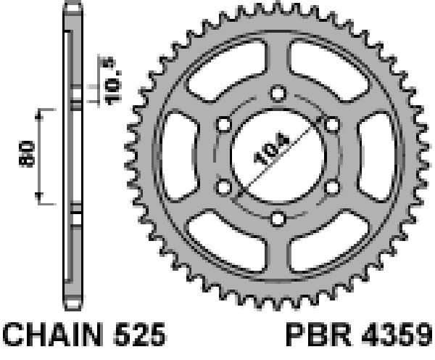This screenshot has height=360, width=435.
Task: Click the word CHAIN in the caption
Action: (52, 334)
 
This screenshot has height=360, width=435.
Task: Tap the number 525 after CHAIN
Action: (140, 334)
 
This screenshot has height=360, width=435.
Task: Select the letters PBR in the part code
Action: (319, 335)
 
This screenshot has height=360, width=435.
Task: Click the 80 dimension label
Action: (27, 154)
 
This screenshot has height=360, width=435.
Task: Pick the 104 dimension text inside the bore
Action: (272, 149)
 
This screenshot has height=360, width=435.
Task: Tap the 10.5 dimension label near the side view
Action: (112, 82)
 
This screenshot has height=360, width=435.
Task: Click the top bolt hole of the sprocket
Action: (278, 93)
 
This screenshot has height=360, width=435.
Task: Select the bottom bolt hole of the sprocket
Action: (278, 218)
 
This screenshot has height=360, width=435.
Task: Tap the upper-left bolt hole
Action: (223, 124)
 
